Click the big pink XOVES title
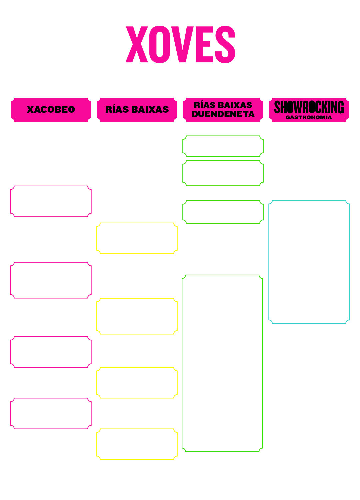pos(180,44)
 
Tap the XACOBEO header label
pos(51,109)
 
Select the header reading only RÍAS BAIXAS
pos(137,109)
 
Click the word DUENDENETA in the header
pos(223,114)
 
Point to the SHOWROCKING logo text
pos(309,107)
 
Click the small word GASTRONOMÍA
pos(309,117)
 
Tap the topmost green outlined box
pos(223,136)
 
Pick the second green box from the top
pos(223,161)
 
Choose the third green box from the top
pos(223,201)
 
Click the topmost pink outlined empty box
pos(51,186)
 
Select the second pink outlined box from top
pos(51,262)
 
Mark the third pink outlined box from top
pos(51,337)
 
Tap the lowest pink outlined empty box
pos(51,398)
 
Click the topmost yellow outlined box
pos(137,223)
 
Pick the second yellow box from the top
pos(137,298)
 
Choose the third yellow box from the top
pos(137,367)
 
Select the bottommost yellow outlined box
pos(137,429)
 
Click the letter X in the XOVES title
pos(137,44)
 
